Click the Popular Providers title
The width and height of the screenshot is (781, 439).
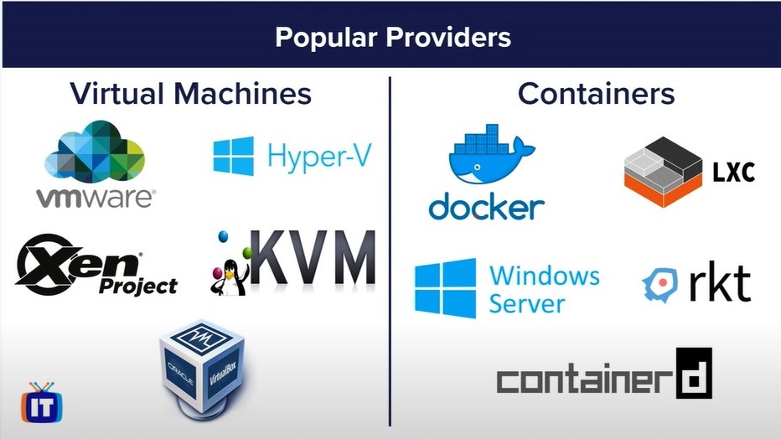(393, 38)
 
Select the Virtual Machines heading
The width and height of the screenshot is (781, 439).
(191, 94)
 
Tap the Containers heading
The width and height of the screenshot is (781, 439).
(596, 94)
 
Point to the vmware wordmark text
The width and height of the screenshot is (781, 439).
(96, 198)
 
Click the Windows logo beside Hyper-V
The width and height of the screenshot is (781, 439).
(233, 156)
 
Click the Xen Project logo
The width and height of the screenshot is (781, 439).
(96, 265)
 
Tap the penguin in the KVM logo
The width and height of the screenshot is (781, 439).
(230, 278)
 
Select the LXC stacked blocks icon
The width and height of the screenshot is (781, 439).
(663, 172)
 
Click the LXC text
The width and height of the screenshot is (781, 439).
(733, 173)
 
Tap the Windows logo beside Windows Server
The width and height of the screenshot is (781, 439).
(445, 288)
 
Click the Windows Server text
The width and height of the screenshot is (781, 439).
(544, 289)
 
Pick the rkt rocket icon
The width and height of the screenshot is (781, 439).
(660, 285)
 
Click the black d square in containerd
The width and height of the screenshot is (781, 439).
(694, 373)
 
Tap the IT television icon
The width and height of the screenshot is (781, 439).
(42, 403)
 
